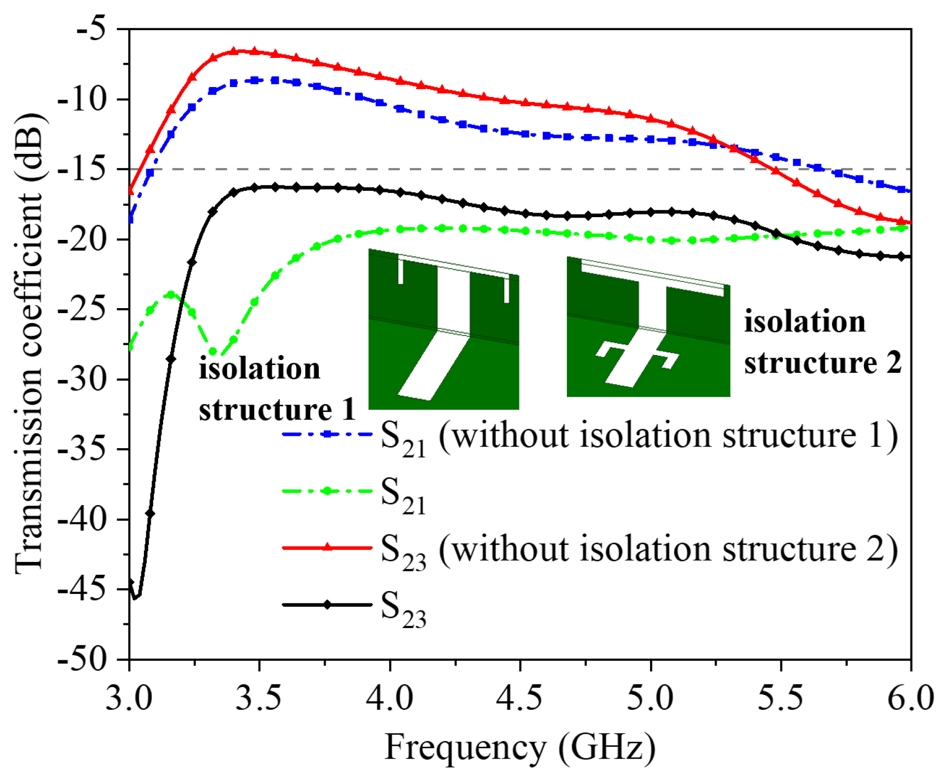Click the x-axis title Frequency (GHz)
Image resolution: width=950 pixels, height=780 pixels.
click(520, 747)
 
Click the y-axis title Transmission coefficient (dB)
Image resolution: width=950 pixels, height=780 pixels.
click(30, 344)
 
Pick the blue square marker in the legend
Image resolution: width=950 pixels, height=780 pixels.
click(327, 434)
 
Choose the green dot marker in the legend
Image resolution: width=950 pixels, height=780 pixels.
click(327, 491)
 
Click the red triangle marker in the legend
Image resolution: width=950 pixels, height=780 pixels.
click(327, 548)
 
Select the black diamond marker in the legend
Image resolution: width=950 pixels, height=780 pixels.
click(327, 604)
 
